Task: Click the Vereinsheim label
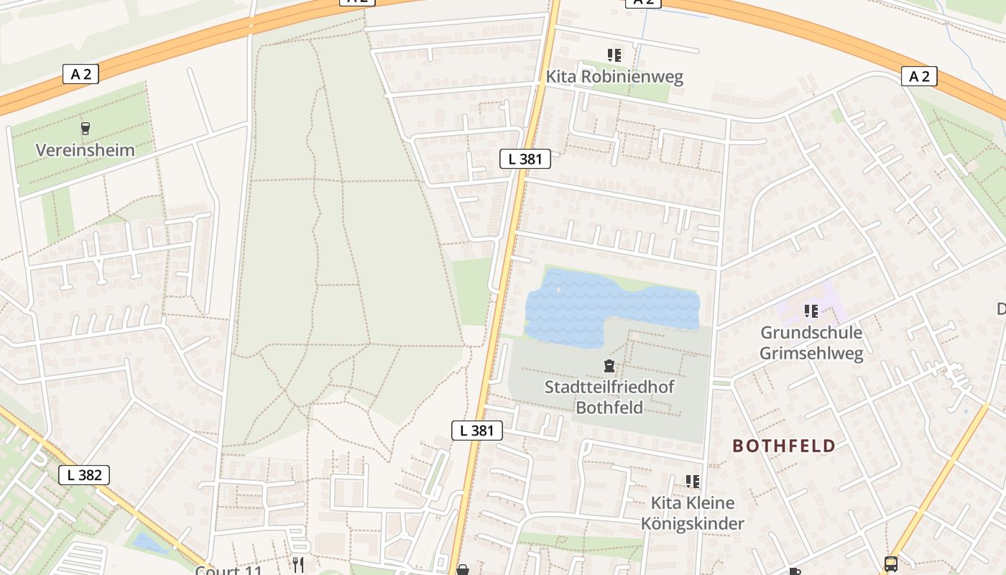86,150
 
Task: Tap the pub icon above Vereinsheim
86,129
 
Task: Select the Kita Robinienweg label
614,77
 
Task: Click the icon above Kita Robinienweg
614,55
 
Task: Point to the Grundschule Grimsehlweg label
811,343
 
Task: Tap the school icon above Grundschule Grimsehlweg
811,311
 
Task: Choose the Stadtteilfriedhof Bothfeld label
609,397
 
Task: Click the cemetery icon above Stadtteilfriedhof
609,367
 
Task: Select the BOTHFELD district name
784,446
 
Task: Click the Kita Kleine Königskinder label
692,513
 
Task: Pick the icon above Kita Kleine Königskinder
692,481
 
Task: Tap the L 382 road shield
84,475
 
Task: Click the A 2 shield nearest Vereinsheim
80,73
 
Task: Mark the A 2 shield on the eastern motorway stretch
919,76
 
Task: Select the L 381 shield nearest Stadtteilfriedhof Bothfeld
477,431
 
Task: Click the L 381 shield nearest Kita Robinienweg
525,159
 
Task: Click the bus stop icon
891,564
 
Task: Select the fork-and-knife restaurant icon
298,565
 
